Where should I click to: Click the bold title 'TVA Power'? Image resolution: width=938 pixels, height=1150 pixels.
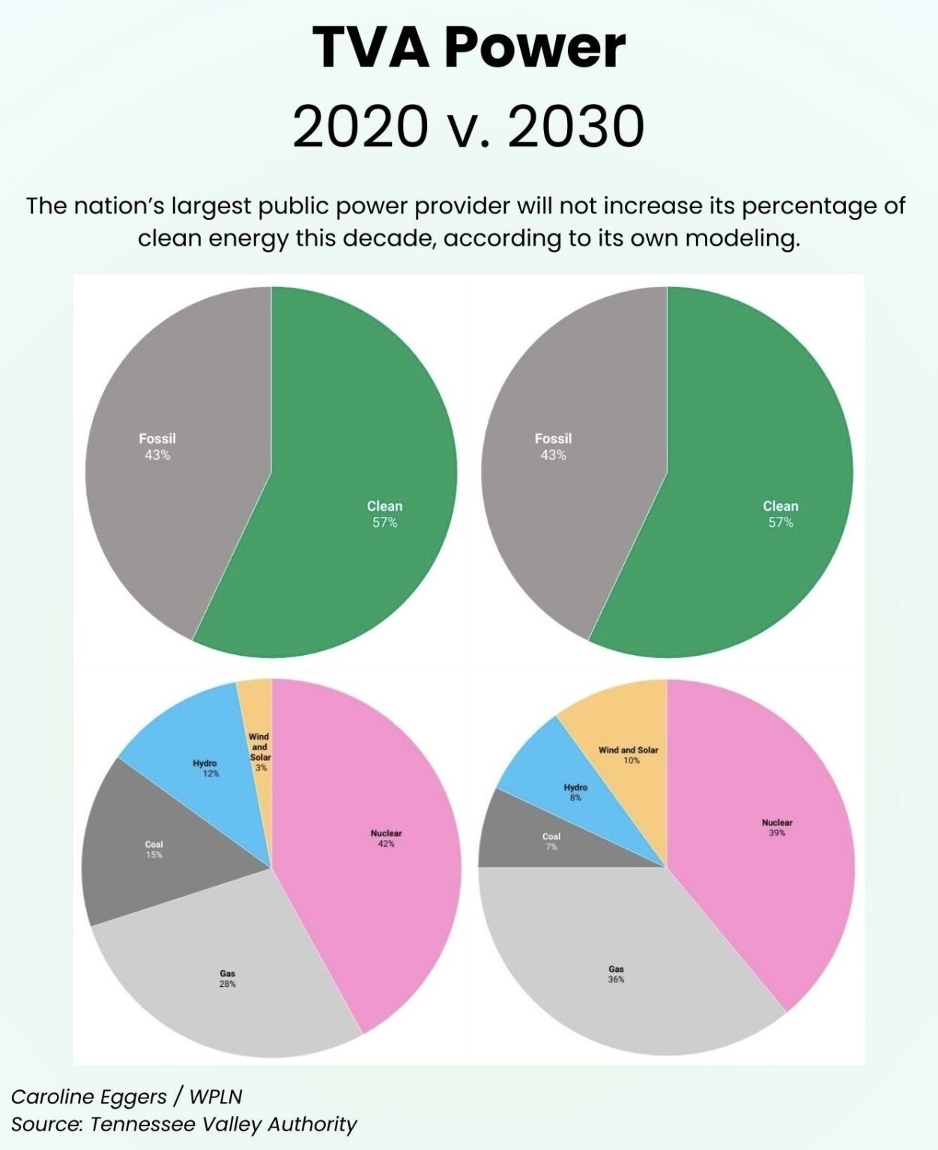[468, 48]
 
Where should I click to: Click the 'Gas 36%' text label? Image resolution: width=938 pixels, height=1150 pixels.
[616, 974]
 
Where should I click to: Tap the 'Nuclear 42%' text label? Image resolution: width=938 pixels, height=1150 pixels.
[386, 839]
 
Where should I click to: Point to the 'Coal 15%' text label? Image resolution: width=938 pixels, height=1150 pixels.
[154, 849]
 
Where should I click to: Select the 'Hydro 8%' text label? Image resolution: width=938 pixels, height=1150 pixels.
[575, 792]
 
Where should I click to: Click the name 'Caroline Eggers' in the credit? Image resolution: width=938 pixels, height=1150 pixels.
[88, 1097]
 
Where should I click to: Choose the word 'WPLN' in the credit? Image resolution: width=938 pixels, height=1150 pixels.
[216, 1097]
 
